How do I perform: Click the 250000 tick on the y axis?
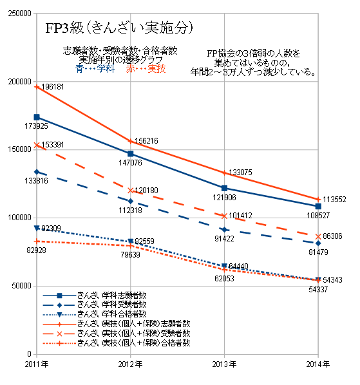coord(19,13)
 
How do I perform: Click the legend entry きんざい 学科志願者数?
coord(113,294)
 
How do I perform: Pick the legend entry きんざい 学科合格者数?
coord(113,314)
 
